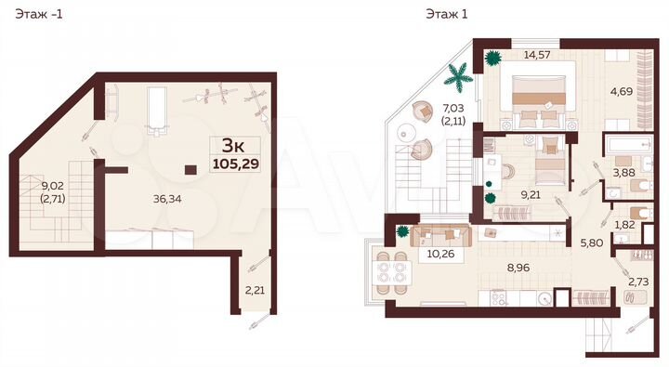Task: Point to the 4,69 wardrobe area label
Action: [622, 91]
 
